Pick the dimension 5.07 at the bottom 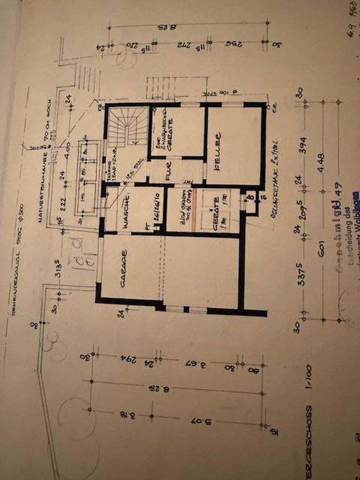click(x=202, y=420)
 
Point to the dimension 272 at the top click(x=180, y=44)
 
